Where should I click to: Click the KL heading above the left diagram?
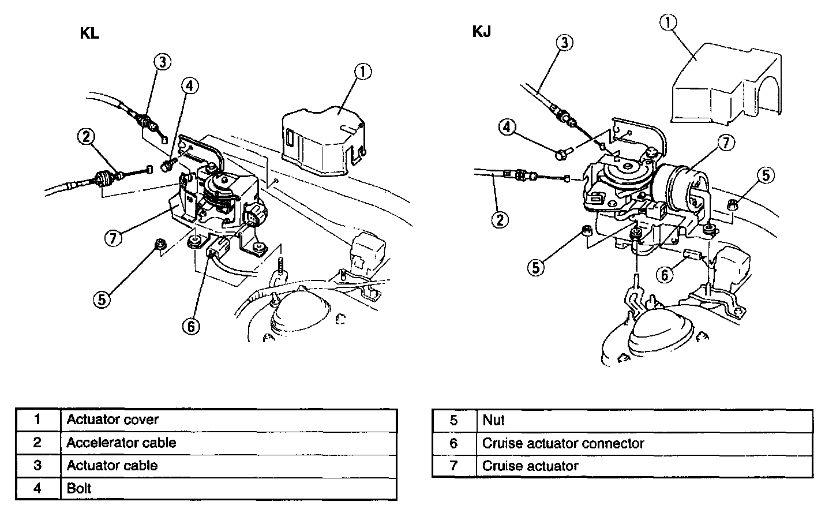(x=89, y=33)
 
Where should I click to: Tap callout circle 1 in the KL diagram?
(x=362, y=72)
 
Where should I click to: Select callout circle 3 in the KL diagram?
(x=162, y=62)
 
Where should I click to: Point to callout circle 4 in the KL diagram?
(x=190, y=86)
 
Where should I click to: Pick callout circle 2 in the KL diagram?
(x=86, y=137)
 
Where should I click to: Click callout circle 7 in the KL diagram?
(x=114, y=237)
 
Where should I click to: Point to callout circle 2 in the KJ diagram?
(x=499, y=219)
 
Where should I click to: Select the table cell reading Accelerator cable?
(x=121, y=443)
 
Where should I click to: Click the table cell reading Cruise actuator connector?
(x=562, y=443)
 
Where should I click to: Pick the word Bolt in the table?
(x=79, y=488)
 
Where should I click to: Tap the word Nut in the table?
(x=493, y=420)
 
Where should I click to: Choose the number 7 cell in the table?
(x=453, y=466)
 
